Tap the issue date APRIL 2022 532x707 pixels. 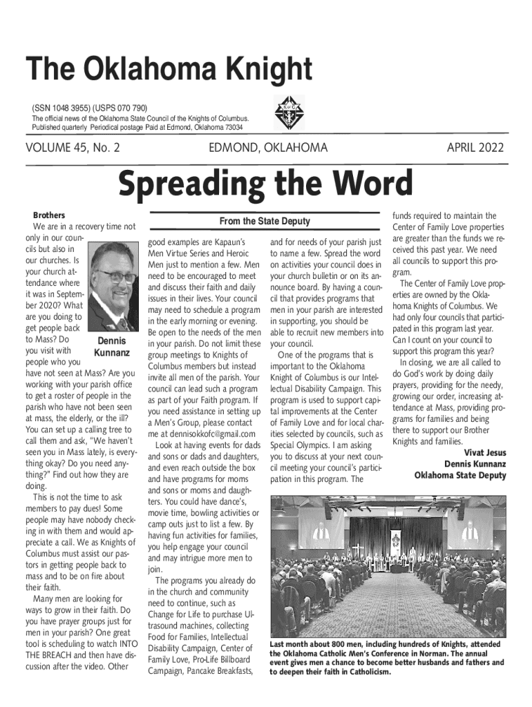[475, 148]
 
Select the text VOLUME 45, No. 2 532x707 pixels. [73, 148]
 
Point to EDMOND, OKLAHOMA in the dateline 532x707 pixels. [268, 148]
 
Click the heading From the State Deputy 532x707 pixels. [265, 222]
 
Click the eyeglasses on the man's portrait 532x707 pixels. [115, 275]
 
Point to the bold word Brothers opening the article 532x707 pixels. [50, 215]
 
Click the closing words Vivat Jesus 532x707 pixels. [483, 453]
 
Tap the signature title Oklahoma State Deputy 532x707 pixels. [460, 475]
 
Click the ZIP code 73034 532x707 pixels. [231, 128]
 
